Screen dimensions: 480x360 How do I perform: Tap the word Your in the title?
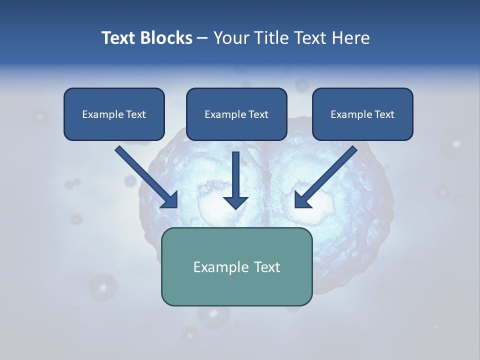(x=231, y=38)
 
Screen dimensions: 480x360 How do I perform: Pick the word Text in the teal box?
(x=267, y=267)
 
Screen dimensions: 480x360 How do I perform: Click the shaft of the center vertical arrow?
(x=235, y=172)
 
